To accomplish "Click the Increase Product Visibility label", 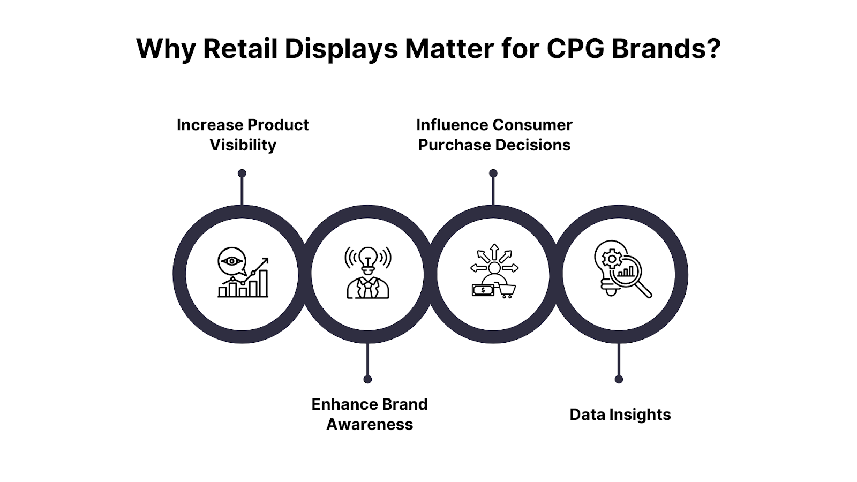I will [243, 135].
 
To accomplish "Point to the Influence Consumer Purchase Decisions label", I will [494, 135].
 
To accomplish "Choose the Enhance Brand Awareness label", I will [369, 414].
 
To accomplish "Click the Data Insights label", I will [620, 415].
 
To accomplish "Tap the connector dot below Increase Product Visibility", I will [242, 173].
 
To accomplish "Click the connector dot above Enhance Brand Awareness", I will [367, 379].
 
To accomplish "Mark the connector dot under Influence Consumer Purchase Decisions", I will [493, 173].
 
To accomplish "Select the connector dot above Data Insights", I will [619, 379].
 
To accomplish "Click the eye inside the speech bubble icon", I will [231, 261].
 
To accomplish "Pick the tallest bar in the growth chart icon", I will [263, 283].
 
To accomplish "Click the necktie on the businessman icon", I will [368, 289].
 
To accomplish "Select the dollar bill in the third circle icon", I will [482, 290].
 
